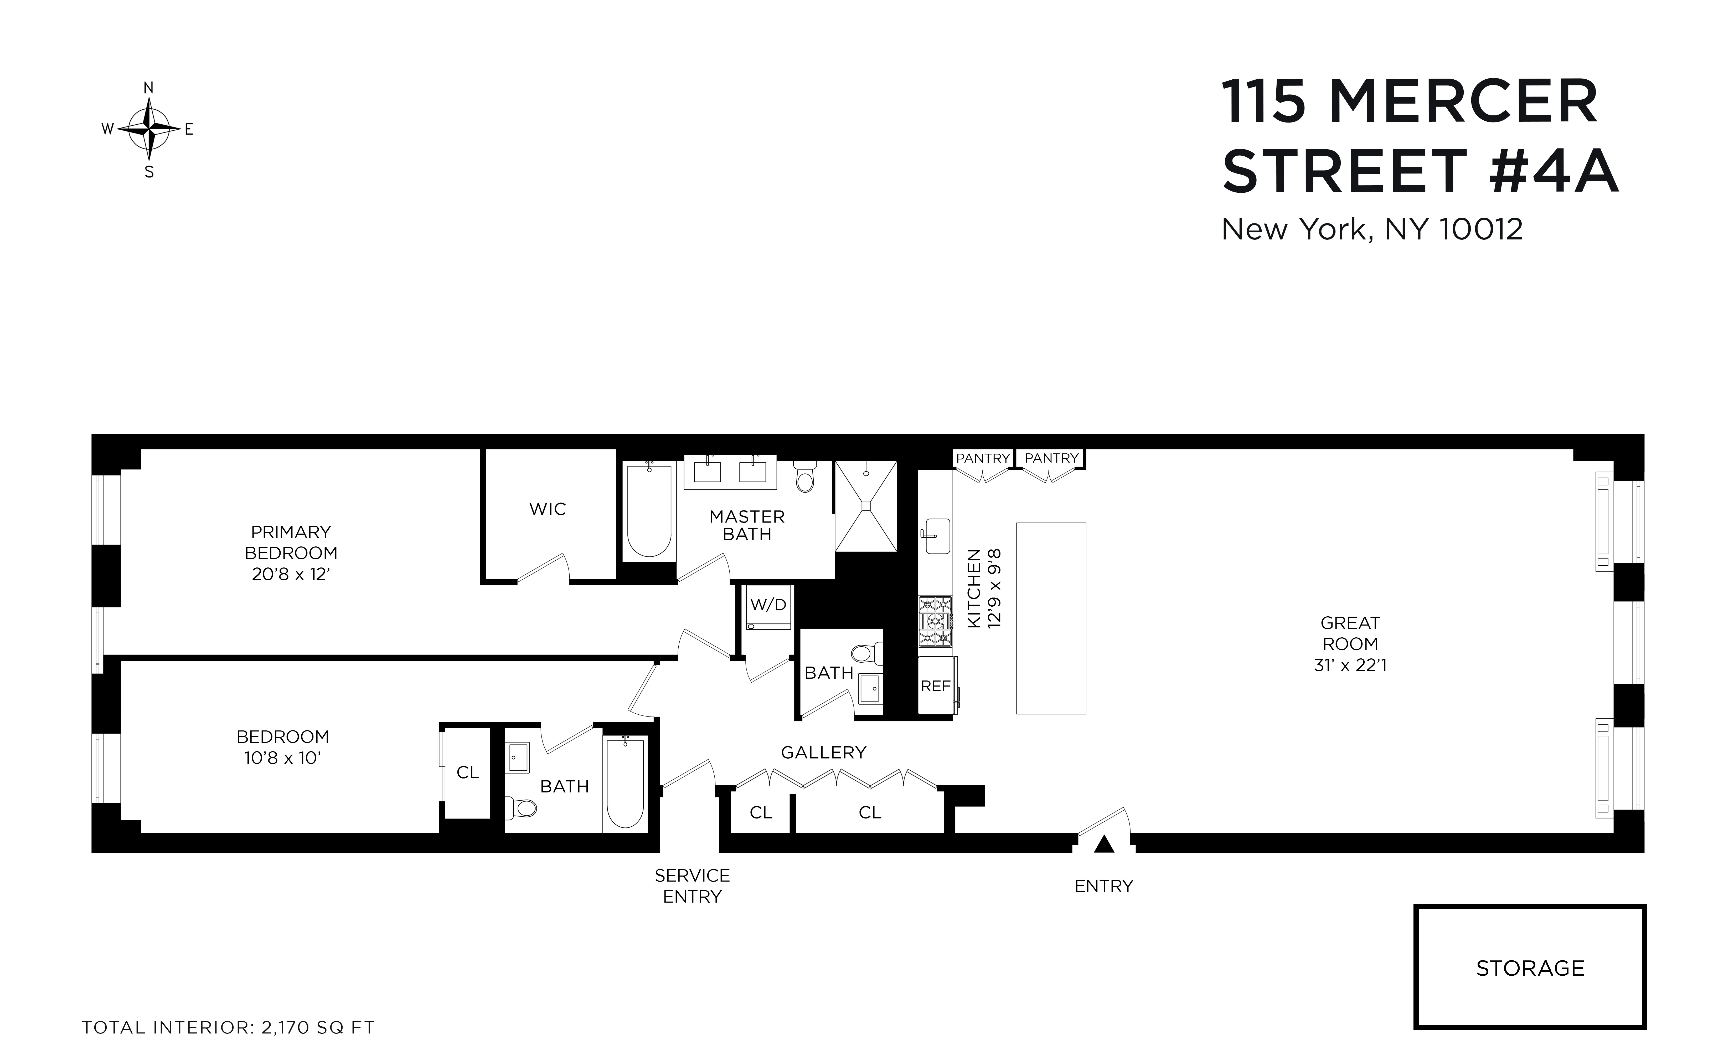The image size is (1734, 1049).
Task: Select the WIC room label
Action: click(548, 509)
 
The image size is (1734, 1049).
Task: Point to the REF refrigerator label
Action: click(935, 686)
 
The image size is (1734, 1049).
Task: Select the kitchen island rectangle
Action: click(1051, 618)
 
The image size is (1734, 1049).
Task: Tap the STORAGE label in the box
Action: click(1530, 968)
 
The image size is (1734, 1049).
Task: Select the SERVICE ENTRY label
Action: click(692, 886)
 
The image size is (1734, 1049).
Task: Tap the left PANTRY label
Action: click(982, 458)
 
